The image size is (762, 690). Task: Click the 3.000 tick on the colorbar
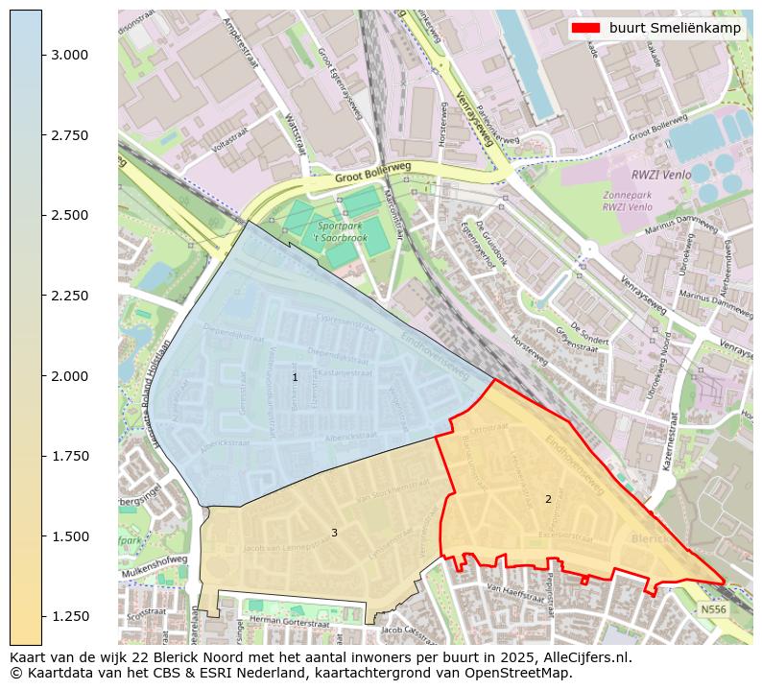click(42, 55)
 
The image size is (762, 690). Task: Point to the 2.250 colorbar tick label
click(72, 296)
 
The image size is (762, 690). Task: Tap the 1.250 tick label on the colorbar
click(72, 616)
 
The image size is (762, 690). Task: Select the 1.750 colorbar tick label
click(72, 456)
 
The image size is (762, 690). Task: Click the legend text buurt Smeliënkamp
click(675, 28)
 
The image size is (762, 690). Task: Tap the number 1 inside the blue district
click(295, 378)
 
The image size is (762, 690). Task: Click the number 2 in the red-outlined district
click(548, 499)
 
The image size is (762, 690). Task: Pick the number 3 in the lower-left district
click(334, 533)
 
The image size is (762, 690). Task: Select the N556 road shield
click(713, 609)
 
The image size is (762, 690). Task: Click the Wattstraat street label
click(294, 134)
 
